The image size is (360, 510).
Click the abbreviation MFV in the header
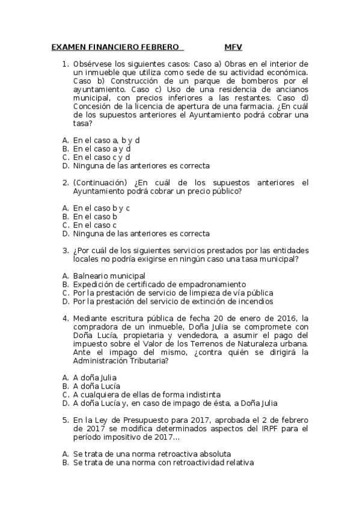[233, 46]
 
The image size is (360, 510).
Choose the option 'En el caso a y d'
[102, 148]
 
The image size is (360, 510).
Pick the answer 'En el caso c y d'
[102, 157]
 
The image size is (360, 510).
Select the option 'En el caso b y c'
[102, 207]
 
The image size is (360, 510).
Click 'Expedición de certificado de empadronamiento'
[159, 284]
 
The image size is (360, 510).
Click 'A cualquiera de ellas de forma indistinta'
[147, 395]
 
